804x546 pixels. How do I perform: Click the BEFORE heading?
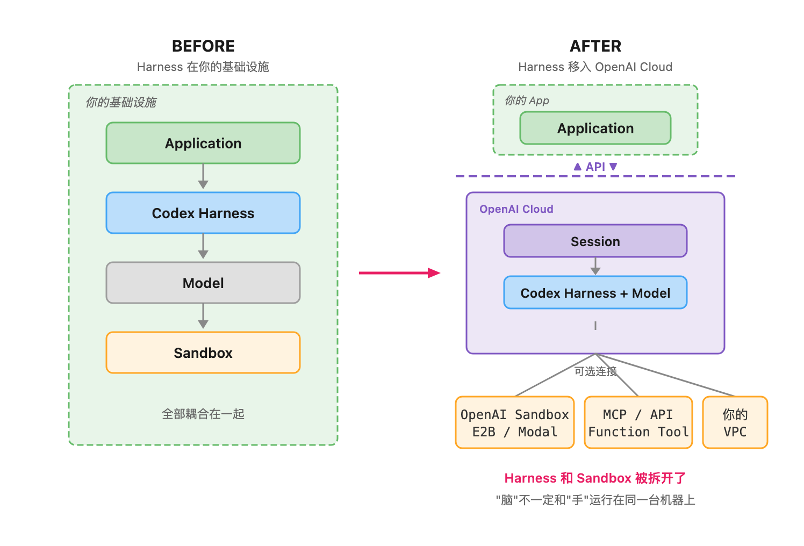[x=203, y=46]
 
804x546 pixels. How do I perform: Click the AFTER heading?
[x=595, y=46]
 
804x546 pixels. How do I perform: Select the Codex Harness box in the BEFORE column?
[x=203, y=213]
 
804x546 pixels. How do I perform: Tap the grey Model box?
[x=203, y=283]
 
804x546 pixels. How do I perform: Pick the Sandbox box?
[x=203, y=353]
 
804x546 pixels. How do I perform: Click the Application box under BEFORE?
[x=203, y=143]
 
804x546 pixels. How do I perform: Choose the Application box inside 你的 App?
[x=595, y=128]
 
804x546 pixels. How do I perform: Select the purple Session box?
[x=595, y=241]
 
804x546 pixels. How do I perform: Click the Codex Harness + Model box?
[x=595, y=292]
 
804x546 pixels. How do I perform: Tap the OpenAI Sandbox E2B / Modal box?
[x=515, y=422]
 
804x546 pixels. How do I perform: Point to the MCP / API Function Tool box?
[x=638, y=422]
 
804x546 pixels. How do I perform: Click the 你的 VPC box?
[x=735, y=422]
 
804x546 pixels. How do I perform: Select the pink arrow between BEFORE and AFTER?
[x=399, y=273]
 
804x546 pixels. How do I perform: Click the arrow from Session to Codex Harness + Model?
[x=595, y=266]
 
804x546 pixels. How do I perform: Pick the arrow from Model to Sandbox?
[x=203, y=316]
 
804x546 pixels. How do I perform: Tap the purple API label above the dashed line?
[x=595, y=167]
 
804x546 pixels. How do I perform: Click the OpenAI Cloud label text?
[x=516, y=209]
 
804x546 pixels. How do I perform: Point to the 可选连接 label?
[x=595, y=371]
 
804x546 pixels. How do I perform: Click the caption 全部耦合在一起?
[x=203, y=414]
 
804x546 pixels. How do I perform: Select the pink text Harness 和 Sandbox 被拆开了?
[x=595, y=478]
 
